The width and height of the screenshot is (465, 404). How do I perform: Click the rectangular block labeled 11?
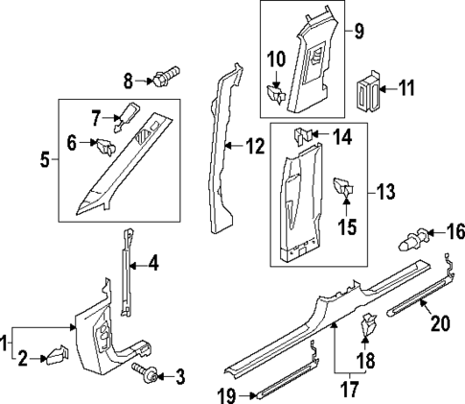pos(365,89)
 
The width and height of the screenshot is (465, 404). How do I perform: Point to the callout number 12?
pos(253,146)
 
